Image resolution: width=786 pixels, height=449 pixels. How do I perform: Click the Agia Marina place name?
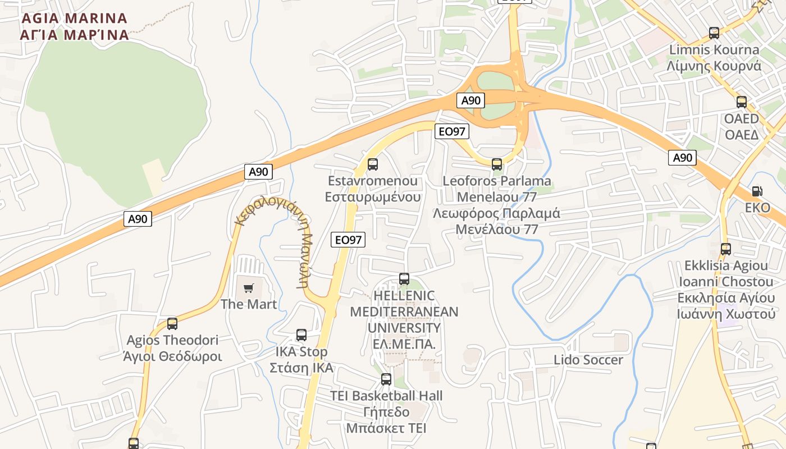pos(74,26)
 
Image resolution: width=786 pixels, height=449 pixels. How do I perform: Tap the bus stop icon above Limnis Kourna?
pos(714,33)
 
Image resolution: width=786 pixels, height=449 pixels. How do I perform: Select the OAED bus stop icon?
pos(741,102)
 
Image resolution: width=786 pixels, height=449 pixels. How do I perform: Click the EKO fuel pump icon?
pos(757,191)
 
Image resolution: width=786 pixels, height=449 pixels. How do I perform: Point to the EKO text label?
pos(757,208)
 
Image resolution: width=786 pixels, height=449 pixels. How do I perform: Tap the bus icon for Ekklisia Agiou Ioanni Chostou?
pos(725,249)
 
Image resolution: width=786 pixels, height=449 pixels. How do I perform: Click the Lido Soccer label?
pos(588,360)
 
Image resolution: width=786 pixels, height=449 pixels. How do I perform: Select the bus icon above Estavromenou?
pos(373,164)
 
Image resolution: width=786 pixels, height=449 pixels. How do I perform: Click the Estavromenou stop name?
pos(373,189)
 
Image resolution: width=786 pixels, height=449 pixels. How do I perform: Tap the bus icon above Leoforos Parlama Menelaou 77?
pos(497,164)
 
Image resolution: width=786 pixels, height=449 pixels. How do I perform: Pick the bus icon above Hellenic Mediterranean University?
pos(404,279)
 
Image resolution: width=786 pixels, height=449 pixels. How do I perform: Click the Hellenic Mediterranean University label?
pos(404,319)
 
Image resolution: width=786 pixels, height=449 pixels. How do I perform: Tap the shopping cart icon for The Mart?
pos(248,288)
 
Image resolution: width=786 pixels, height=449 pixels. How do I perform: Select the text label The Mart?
pos(248,304)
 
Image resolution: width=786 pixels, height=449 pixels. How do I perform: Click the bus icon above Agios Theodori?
pos(172,324)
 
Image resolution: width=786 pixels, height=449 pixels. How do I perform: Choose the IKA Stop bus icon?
pos(301,335)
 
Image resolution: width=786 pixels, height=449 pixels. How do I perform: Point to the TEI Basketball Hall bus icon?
pos(386,379)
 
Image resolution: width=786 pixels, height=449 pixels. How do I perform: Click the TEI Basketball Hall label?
pos(386,412)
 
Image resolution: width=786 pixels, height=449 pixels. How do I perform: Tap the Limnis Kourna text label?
pos(714,58)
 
